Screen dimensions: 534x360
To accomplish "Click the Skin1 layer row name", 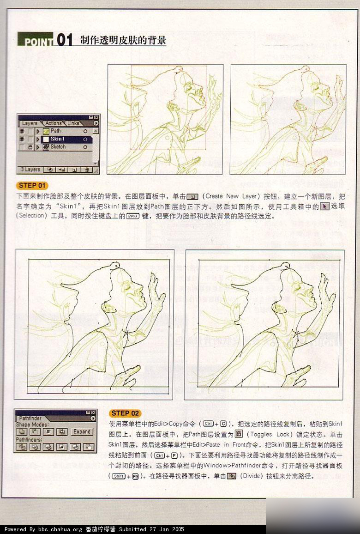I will coord(58,139).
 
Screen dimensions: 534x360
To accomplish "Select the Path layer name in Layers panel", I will coord(56,131).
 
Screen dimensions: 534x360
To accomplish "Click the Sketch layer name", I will coord(58,147).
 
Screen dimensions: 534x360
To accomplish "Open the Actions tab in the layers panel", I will coord(54,123).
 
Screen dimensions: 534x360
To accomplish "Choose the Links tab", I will coord(73,123).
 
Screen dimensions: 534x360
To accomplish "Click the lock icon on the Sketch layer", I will coord(30,147).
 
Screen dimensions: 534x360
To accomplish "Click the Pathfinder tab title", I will coord(31,418).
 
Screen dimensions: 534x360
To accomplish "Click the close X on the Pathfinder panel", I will coord(93,412).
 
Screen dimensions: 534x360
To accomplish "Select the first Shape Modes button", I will coord(21,432).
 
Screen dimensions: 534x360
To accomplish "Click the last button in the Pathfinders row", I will coord(89,447).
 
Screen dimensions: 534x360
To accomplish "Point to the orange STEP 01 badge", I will coord(32,186).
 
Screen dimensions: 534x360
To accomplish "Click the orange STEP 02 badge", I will coord(126,413).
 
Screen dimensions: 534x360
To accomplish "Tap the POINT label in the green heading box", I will coord(36,42).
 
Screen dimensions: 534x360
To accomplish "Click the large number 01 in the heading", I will coord(65,40).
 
